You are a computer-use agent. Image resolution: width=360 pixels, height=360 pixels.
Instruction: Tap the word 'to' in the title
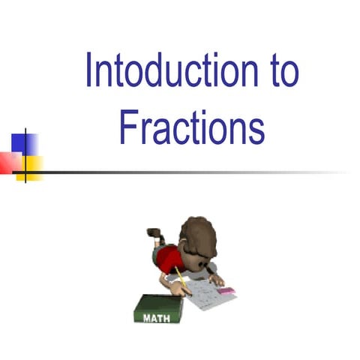(280, 71)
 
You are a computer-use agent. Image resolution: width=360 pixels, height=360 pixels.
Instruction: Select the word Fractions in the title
(192, 128)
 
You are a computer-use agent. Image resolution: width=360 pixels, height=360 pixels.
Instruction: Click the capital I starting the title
(88, 71)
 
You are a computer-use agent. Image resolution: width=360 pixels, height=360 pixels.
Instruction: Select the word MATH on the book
(153, 316)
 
